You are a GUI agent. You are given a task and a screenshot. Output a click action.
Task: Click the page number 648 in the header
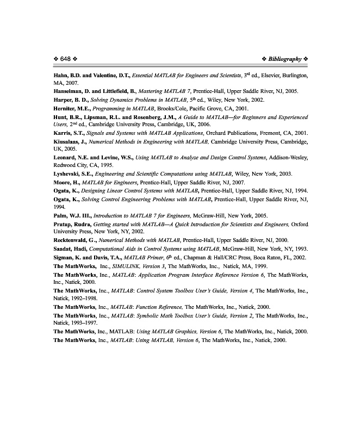coord(66,59)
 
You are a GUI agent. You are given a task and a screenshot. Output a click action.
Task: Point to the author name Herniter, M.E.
coord(72,109)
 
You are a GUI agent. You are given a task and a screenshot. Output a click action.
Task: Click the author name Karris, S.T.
coord(68,133)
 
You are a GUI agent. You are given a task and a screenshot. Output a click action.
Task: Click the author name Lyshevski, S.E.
coord(72,174)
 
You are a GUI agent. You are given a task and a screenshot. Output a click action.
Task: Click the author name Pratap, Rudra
coord(72,224)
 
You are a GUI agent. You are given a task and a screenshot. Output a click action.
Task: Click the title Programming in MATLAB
coord(124,109)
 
